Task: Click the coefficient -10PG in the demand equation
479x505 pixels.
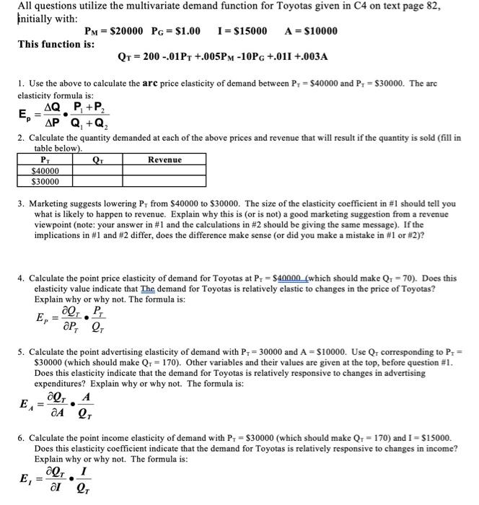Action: pyautogui.click(x=252, y=56)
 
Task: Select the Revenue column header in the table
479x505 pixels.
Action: pyautogui.click(x=164, y=159)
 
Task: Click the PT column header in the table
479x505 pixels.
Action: pyautogui.click(x=47, y=159)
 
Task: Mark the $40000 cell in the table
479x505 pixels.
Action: pyautogui.click(x=47, y=171)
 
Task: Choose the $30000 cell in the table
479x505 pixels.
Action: pyautogui.click(x=47, y=182)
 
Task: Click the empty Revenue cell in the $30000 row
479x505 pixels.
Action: pyautogui.click(x=164, y=182)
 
